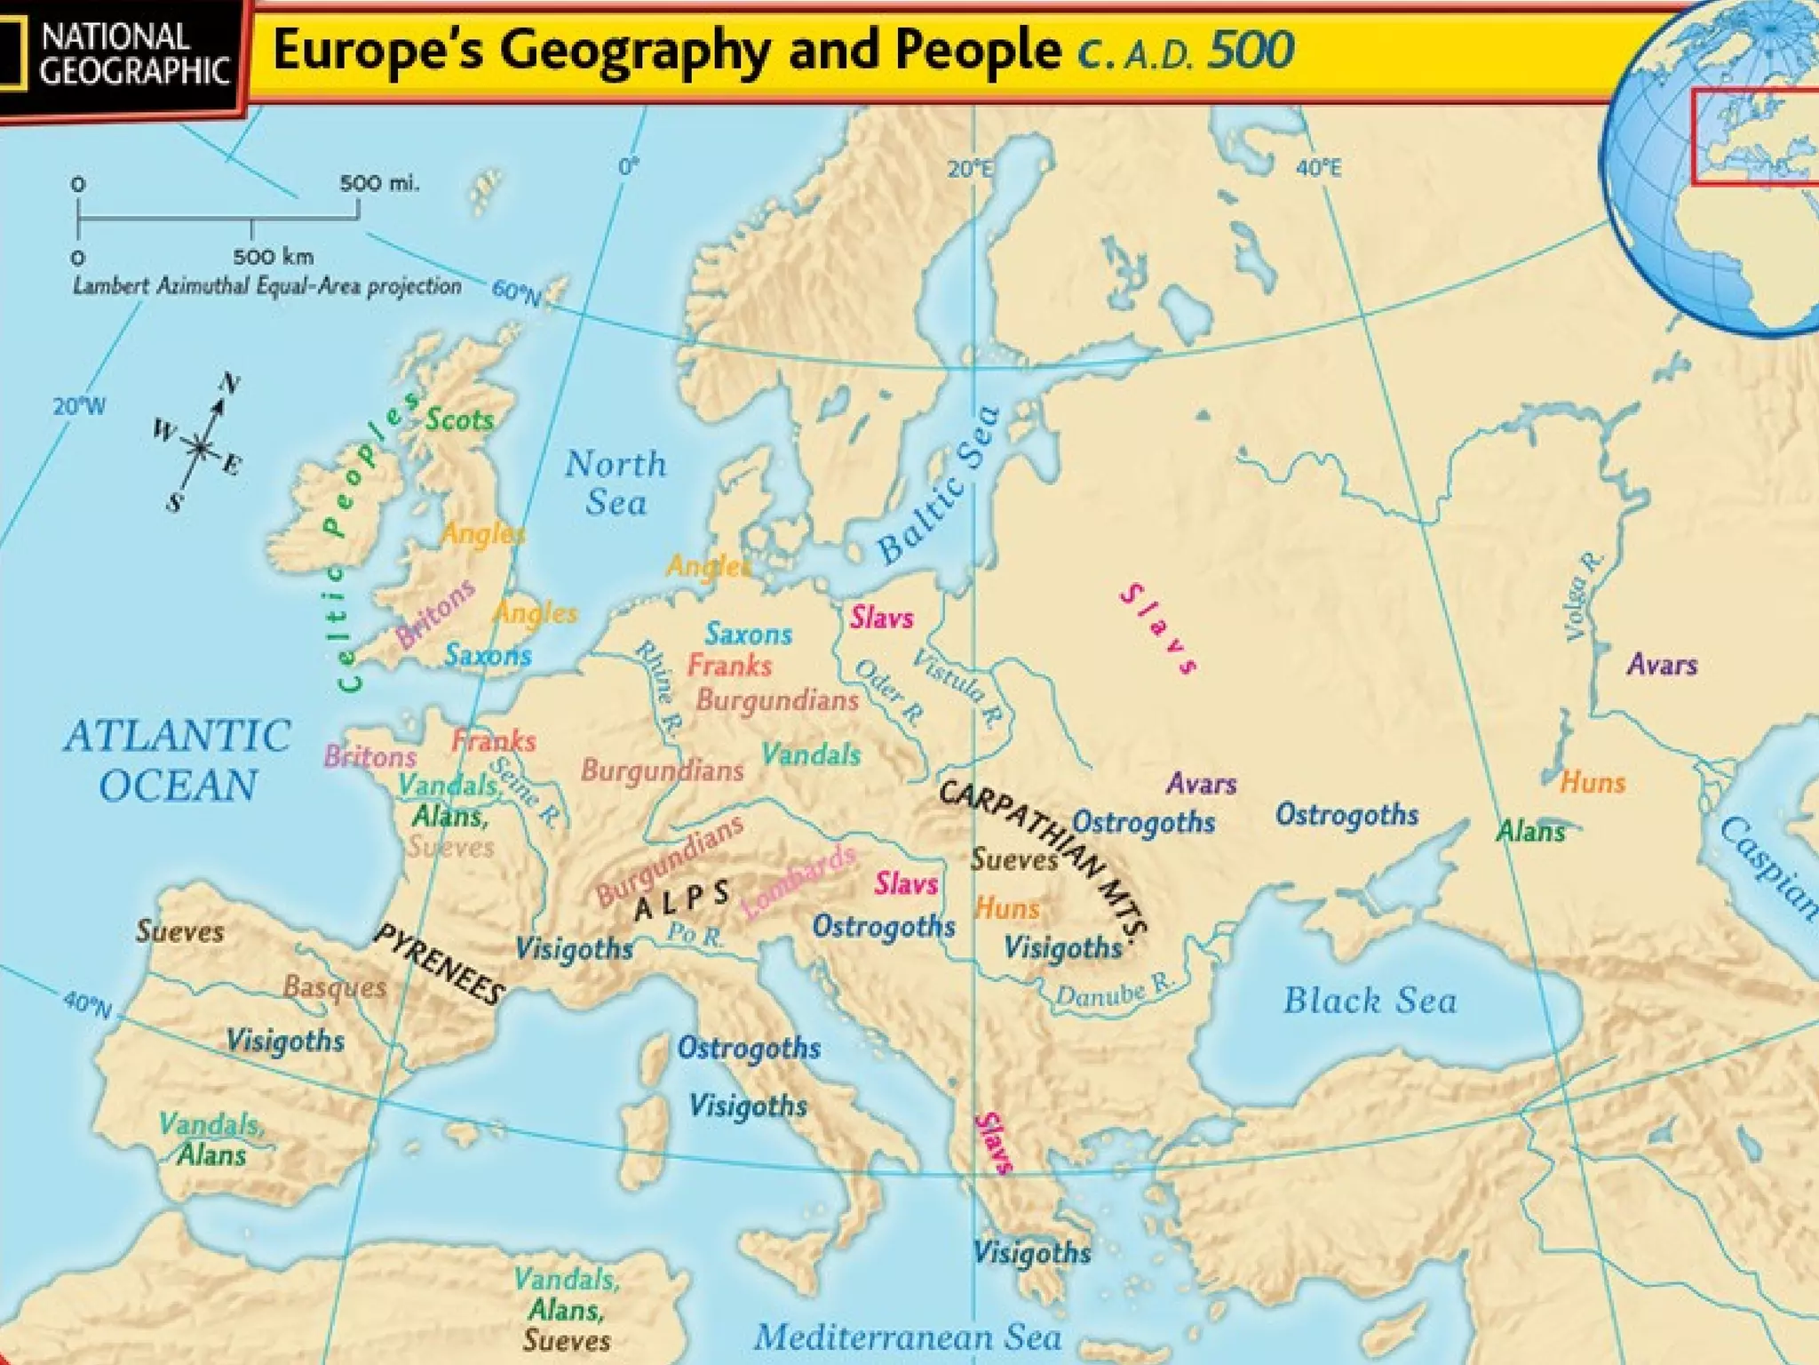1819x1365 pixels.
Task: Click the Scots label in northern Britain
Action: tap(459, 419)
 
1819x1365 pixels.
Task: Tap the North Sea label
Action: tap(616, 483)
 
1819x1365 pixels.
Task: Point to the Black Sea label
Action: tap(1370, 1001)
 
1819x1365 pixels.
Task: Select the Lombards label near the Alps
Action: tap(798, 882)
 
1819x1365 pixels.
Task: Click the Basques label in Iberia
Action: tap(335, 987)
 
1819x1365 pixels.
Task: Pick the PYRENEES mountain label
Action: tap(439, 964)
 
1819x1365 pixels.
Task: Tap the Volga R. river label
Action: tap(1581, 596)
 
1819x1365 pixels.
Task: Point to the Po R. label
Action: tap(695, 934)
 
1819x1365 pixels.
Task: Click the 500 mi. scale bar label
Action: tap(378, 184)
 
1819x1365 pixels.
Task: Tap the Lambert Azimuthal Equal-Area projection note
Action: tap(266, 286)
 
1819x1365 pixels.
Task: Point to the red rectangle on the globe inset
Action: tap(1754, 137)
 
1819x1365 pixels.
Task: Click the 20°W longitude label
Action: tap(78, 407)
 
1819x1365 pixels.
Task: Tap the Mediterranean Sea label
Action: tap(907, 1337)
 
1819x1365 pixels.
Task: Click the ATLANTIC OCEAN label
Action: tap(178, 761)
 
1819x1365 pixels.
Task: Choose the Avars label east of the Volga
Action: tap(1662, 665)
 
